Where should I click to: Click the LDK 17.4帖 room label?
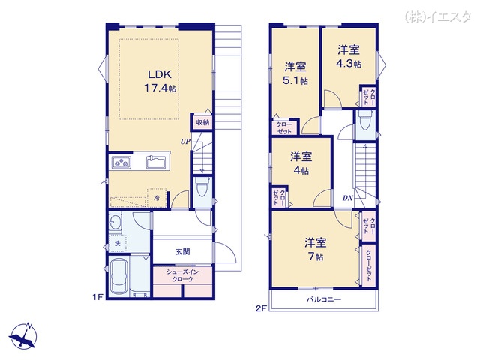coord(160,81)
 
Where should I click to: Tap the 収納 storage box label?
coord(202,122)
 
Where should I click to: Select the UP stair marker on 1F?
coord(185,142)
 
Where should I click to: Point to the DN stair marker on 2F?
coord(348,198)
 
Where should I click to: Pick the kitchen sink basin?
coord(156,162)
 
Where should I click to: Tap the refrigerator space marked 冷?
coord(157,198)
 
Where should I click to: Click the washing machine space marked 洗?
coord(118,243)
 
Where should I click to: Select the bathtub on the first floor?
coord(120,276)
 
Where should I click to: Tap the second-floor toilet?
coord(365,120)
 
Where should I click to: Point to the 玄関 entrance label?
coord(183,252)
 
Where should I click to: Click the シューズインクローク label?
coord(183,275)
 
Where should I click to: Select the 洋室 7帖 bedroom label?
coord(315,249)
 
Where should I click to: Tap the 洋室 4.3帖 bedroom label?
coord(349,56)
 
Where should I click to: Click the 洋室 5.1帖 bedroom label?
coord(295,73)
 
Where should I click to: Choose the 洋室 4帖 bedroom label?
coord(301,163)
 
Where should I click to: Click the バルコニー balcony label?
coord(324,299)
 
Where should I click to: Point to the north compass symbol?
coord(24,336)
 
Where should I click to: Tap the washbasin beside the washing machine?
coord(115,222)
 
